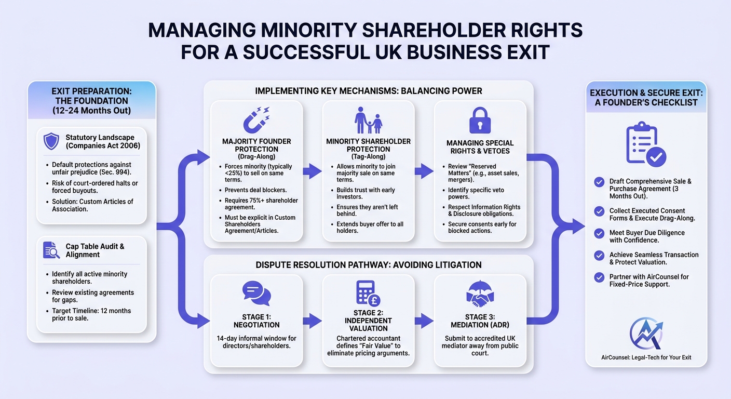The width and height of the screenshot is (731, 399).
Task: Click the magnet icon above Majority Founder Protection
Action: point(256,119)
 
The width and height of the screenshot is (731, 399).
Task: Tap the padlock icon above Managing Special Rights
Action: point(480,121)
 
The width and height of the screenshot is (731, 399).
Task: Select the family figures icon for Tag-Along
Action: point(369,120)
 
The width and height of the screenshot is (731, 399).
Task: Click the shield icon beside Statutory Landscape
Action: point(51,141)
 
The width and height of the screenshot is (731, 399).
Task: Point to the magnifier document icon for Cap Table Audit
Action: point(51,250)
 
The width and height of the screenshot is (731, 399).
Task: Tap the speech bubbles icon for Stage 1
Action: point(256,293)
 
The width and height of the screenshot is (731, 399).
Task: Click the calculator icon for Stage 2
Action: point(368,293)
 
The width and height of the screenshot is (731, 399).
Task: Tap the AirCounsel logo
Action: point(646,334)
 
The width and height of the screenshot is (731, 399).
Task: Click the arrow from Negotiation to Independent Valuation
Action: point(313,321)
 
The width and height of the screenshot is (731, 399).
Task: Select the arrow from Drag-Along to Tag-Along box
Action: point(313,171)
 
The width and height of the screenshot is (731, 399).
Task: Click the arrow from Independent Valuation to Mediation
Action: point(424,321)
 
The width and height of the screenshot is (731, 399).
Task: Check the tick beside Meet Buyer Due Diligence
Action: point(599,233)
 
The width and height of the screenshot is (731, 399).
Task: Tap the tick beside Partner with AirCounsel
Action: point(599,277)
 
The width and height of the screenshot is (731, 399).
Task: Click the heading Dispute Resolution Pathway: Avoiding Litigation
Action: point(369,265)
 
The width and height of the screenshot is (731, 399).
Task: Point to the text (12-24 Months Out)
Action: point(92,110)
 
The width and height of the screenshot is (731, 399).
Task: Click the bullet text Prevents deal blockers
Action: point(255,190)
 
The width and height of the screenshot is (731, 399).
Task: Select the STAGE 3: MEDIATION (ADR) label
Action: point(480,321)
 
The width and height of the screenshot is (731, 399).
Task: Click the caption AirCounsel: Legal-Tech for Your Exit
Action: point(646,357)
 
